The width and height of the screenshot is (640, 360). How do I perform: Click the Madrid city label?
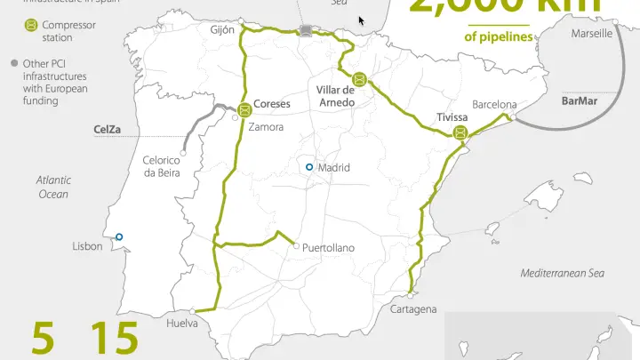[334, 168]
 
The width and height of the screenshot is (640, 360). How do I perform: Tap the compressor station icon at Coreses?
[244, 110]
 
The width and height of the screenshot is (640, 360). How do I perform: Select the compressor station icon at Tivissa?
[460, 133]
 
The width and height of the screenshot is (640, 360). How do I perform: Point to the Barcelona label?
[495, 104]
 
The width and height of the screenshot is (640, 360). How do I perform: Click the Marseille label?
[591, 33]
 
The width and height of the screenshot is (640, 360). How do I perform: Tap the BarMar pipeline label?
[580, 100]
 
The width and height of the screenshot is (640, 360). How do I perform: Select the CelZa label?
[108, 129]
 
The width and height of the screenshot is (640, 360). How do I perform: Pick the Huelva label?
[183, 324]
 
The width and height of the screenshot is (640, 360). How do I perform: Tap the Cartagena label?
[413, 309]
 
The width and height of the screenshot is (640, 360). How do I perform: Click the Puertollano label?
[328, 247]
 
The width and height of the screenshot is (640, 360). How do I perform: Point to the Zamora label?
[267, 127]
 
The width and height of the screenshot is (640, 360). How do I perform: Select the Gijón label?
[222, 29]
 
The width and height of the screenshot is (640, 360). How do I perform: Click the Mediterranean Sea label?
[562, 273]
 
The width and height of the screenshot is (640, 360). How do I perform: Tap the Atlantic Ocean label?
[52, 187]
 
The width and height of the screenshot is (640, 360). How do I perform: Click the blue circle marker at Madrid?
[308, 167]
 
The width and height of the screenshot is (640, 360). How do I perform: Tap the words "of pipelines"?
[499, 37]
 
